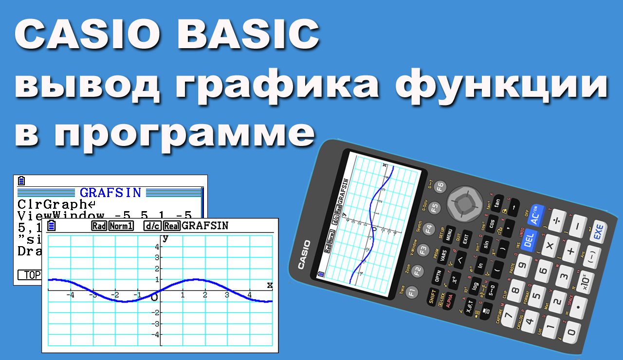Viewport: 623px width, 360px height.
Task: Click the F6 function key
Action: pyautogui.click(x=440, y=186)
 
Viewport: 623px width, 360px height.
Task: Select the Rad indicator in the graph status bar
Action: pyautogui.click(x=99, y=226)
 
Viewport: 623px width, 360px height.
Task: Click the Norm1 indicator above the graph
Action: pyautogui.click(x=121, y=226)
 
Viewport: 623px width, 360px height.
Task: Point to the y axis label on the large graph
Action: pyautogui.click(x=165, y=238)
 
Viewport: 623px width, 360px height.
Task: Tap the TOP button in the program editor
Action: pyautogui.click(x=31, y=275)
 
